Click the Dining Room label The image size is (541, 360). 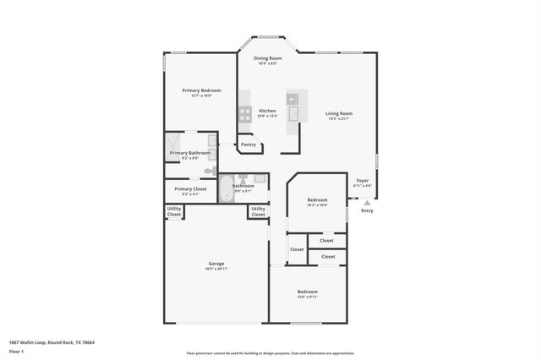click(x=268, y=58)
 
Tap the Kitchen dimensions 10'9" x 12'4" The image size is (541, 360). click(x=267, y=117)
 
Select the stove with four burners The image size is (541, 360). click(x=244, y=112)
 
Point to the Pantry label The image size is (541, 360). click(x=248, y=145)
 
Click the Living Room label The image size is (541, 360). click(x=339, y=113)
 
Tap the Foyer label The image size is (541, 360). click(x=362, y=180)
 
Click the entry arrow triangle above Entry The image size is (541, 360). click(x=366, y=203)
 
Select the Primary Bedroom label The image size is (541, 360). click(x=201, y=90)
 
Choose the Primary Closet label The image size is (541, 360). click(x=190, y=188)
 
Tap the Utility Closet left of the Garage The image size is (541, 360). click(x=173, y=213)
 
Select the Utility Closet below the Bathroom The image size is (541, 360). click(x=258, y=211)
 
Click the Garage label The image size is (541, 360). click(x=216, y=264)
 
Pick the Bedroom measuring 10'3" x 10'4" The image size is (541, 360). click(x=316, y=200)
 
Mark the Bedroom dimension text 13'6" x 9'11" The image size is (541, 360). click(x=307, y=297)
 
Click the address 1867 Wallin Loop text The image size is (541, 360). click(x=52, y=342)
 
